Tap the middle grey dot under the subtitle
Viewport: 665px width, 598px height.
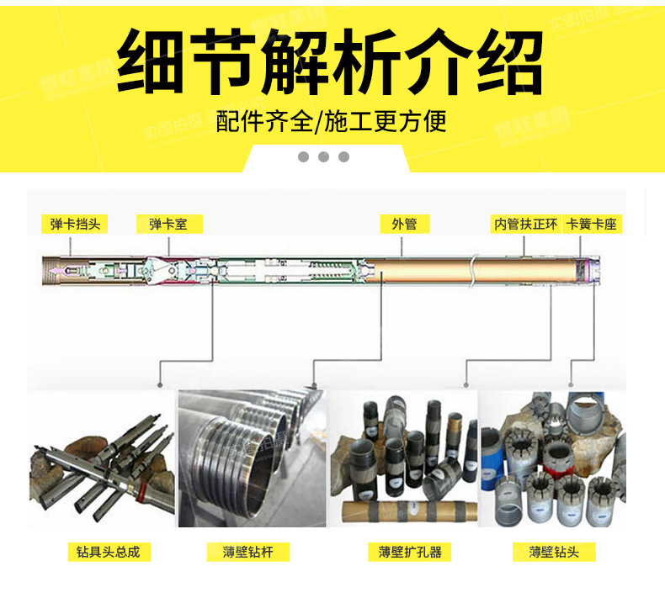click(x=323, y=157)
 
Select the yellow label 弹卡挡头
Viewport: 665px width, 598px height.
click(x=75, y=224)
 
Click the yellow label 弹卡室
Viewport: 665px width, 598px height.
click(x=169, y=224)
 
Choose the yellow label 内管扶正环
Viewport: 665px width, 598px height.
click(x=524, y=224)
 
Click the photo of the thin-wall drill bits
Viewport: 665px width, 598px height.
click(x=552, y=458)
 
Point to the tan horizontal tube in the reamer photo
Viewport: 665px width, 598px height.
click(x=402, y=510)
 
